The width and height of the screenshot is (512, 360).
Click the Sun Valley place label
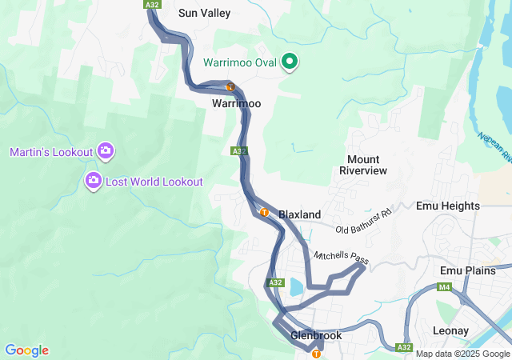click(x=204, y=13)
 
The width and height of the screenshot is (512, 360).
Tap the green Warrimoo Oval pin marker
click(x=290, y=62)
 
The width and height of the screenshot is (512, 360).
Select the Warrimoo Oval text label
click(x=240, y=62)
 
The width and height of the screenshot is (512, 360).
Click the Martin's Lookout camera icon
click(x=105, y=150)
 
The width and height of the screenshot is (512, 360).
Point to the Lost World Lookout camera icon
click(x=94, y=181)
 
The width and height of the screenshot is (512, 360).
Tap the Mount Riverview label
click(x=363, y=165)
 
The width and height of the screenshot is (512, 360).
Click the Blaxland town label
click(x=299, y=214)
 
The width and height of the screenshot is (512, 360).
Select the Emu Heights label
click(x=448, y=206)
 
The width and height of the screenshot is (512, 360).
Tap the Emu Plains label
click(x=469, y=270)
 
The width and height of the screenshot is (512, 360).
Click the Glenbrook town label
click(x=316, y=335)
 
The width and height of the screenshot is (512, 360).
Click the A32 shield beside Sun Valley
click(x=153, y=5)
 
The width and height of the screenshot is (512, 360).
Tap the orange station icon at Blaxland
click(x=264, y=212)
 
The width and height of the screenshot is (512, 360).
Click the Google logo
click(x=26, y=350)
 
